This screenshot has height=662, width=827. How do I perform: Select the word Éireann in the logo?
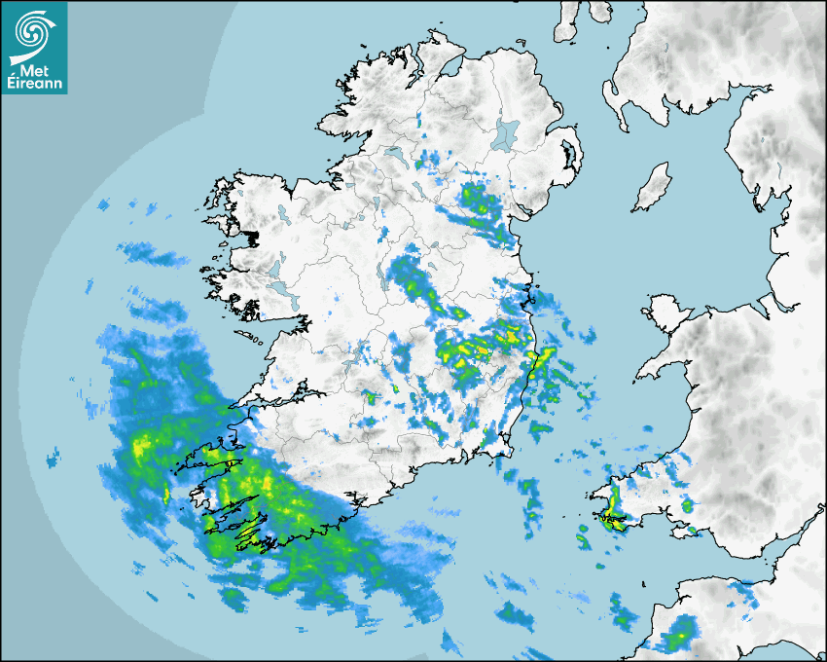pyautogui.click(x=34, y=84)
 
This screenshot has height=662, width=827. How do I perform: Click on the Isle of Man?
pyautogui.click(x=652, y=188)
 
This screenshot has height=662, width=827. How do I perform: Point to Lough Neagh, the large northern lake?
pyautogui.click(x=505, y=134)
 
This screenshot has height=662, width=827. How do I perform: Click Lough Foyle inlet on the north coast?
pyautogui.click(x=449, y=70)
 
